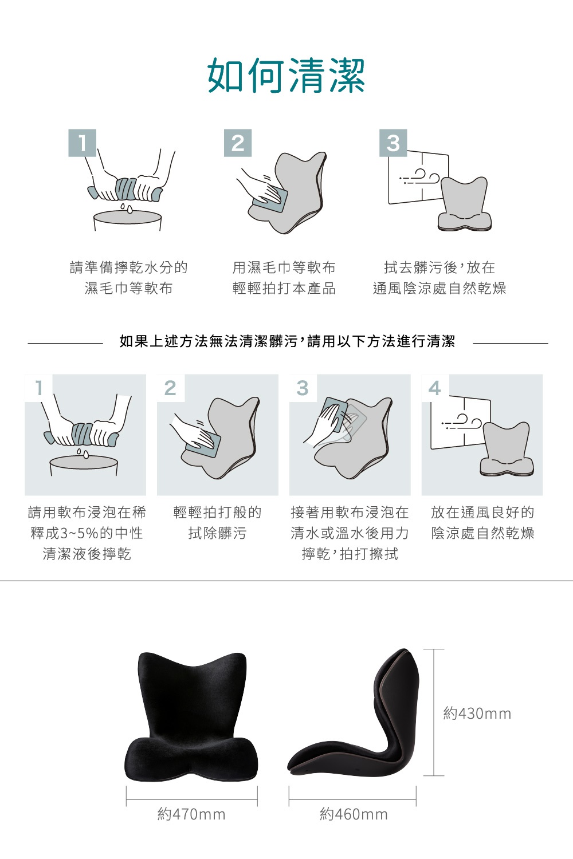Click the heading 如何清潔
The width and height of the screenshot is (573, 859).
point(286,76)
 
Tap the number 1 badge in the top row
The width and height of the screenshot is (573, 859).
point(83,143)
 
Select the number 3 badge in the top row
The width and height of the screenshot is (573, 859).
point(393,143)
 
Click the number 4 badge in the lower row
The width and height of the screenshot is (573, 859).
point(435,388)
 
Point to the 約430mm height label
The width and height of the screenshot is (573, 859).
point(477,714)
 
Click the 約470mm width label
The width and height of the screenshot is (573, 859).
point(191,814)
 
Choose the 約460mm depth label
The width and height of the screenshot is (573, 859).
point(354,814)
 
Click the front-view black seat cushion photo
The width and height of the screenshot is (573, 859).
point(191,718)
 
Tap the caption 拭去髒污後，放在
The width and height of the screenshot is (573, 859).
point(439,267)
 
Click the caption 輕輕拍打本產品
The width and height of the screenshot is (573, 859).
point(284,288)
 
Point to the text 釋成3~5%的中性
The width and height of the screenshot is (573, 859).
point(87,533)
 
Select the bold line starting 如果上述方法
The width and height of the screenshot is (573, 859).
point(287,342)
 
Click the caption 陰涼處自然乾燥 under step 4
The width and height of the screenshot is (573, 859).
point(482,533)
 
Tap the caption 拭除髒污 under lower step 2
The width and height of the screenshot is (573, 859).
point(217,533)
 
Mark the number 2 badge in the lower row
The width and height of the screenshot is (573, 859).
point(170,388)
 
